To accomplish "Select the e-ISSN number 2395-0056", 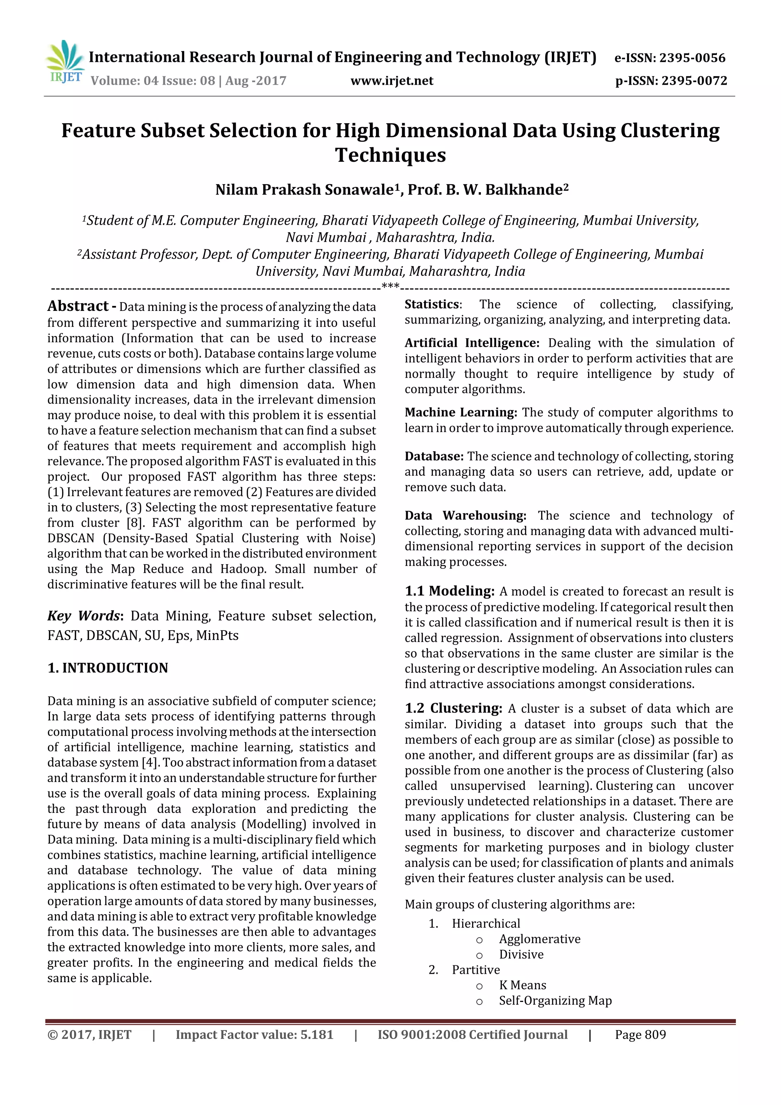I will pos(692,58).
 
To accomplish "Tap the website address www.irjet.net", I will pos(392,81).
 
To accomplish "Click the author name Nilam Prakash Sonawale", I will pos(304,190).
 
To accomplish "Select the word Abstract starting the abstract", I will pos(78,306).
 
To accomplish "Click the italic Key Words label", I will pos(84,616).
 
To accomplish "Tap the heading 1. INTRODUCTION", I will pos(108,668).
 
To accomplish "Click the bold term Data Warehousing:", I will pos(465,515).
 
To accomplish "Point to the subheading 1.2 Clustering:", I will pos(453,708).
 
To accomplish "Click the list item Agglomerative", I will pos(540,939).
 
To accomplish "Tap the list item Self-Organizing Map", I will pos(555,1000).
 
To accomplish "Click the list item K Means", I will pos(522,985).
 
